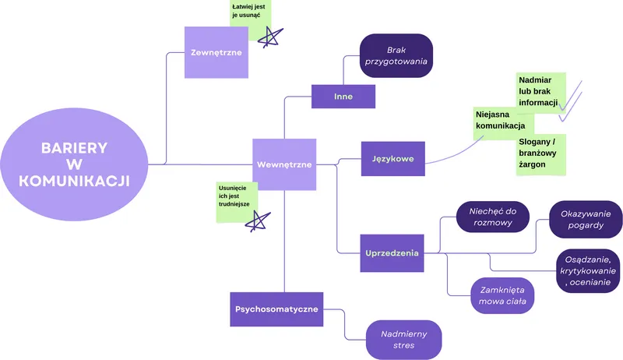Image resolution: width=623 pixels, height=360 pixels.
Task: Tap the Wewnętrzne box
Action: click(x=284, y=164)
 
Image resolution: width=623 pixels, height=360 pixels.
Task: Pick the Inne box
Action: click(x=343, y=96)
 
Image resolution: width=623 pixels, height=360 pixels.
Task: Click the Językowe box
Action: click(x=392, y=159)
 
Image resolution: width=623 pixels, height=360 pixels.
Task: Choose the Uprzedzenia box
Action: click(x=392, y=252)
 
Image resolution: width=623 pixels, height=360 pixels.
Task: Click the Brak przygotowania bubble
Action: click(x=396, y=55)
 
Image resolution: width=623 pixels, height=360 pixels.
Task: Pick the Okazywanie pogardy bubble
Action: click(x=585, y=220)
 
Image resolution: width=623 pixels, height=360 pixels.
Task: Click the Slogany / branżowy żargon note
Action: click(x=540, y=153)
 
